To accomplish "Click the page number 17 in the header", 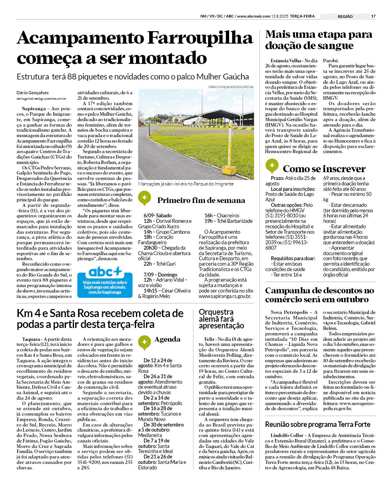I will click(373, 16).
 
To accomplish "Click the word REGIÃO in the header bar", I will click(345, 16).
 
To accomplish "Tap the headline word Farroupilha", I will click(200, 38).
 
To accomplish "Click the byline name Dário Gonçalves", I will click(33, 93).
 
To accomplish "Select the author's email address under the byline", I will click(41, 99).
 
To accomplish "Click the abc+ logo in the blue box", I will click(105, 272).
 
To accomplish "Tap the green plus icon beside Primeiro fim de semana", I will click(144, 198).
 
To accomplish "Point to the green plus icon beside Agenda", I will click(144, 342).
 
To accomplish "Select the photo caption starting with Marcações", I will click(186, 183).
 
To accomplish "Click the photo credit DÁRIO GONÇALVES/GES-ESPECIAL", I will click(231, 87).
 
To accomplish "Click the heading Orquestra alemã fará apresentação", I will click(221, 319).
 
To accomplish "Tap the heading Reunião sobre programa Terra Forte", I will click(318, 424).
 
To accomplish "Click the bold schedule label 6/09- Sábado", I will click(157, 215).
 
